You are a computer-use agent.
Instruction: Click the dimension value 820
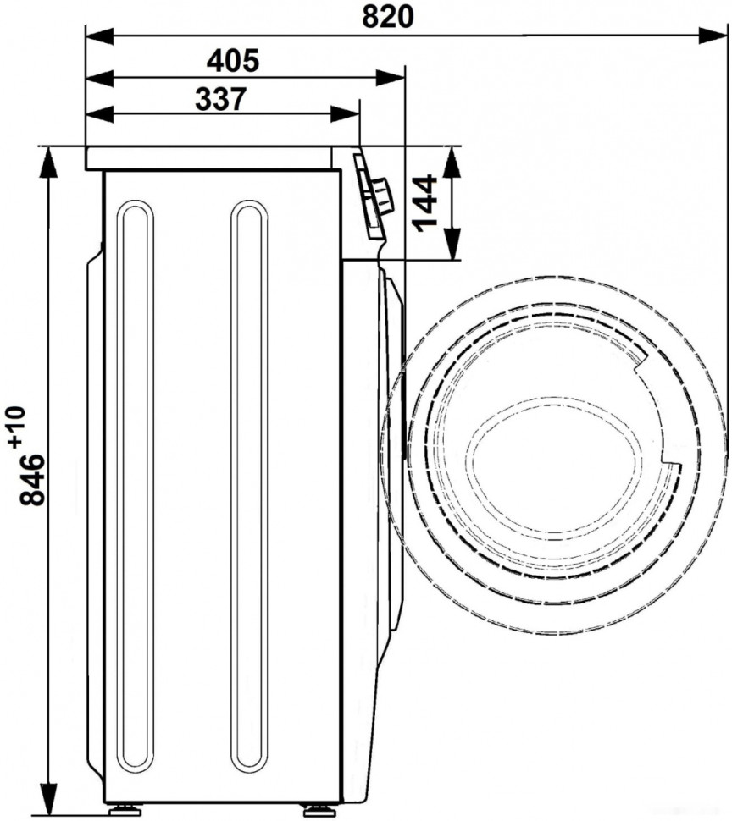pyautogui.click(x=388, y=17)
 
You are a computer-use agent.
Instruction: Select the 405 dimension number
pyautogui.click(x=233, y=61)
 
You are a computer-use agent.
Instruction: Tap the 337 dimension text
pyautogui.click(x=220, y=100)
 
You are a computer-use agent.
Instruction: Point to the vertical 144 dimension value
pyautogui.click(x=425, y=202)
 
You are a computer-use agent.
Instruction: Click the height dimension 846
pyautogui.click(x=31, y=479)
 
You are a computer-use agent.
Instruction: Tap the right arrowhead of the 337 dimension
pyautogui.click(x=346, y=113)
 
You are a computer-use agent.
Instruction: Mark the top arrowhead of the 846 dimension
pyautogui.click(x=48, y=162)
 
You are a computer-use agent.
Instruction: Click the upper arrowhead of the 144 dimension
pyautogui.click(x=452, y=162)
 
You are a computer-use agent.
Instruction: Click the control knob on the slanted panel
pyautogui.click(x=381, y=196)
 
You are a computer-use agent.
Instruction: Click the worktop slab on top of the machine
pyautogui.click(x=208, y=158)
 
